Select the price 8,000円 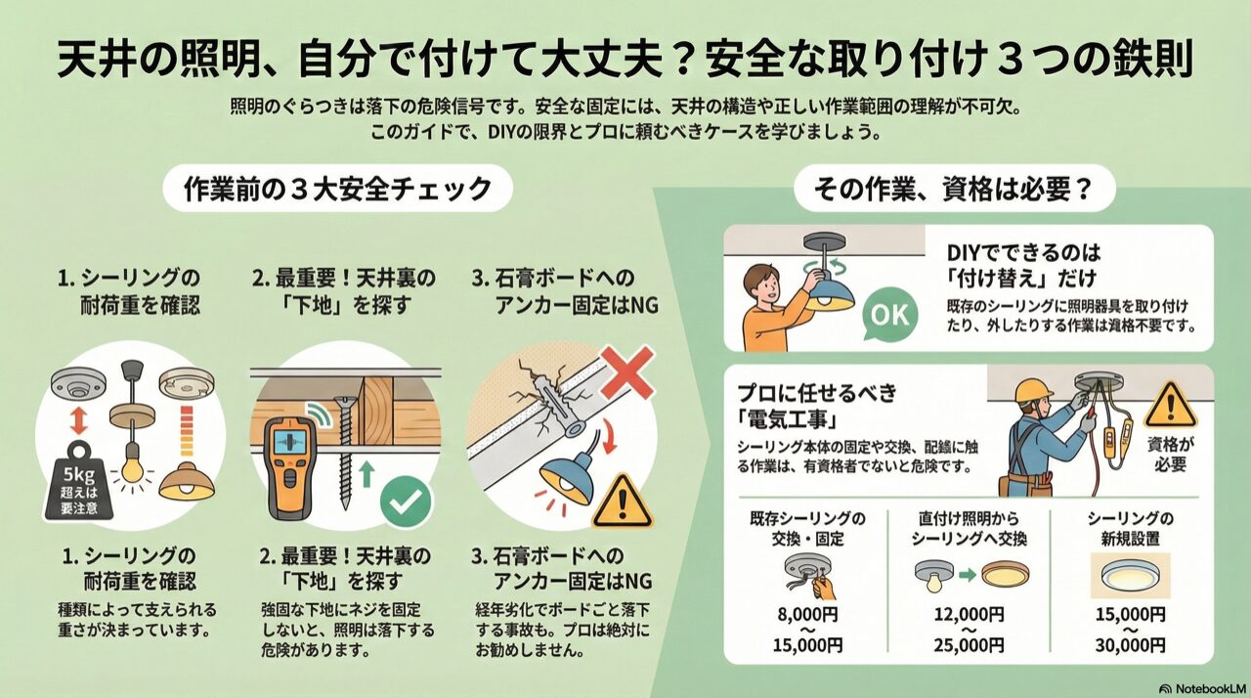pos(807,614)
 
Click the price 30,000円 pos(1130,645)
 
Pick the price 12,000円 pos(969,614)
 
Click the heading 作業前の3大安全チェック pos(337,189)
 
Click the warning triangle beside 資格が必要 pos(1170,405)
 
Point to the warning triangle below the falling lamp pos(622,502)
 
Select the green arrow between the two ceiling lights pos(968,575)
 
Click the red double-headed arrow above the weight pos(78,420)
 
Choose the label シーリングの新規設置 pos(1130,528)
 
